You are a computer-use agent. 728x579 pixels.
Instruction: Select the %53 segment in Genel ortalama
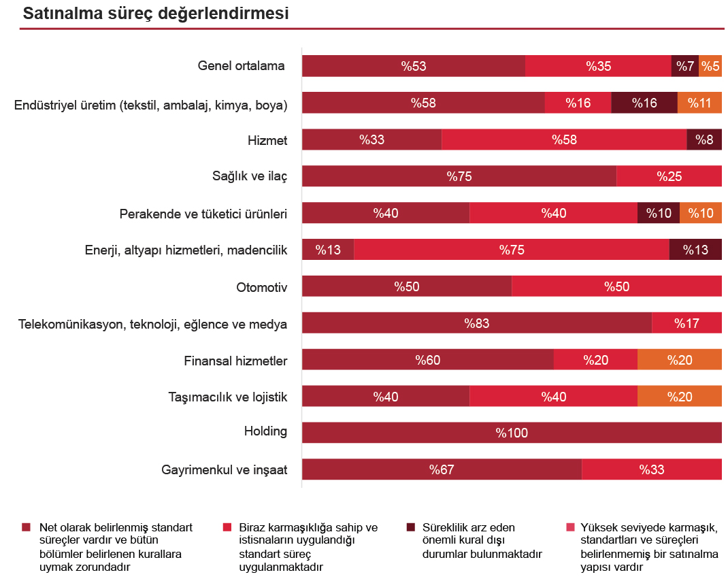click(x=414, y=66)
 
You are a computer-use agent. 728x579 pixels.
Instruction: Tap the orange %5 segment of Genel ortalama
click(x=710, y=66)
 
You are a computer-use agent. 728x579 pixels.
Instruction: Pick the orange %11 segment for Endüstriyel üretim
click(x=699, y=103)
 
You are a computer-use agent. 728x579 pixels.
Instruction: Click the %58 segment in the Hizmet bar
click(x=564, y=139)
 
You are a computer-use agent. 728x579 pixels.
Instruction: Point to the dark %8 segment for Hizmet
click(x=704, y=139)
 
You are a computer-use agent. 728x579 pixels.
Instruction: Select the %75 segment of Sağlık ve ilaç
click(x=459, y=176)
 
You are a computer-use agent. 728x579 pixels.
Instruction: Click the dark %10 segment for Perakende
click(x=659, y=213)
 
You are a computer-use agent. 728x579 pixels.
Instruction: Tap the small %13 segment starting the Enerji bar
click(x=328, y=250)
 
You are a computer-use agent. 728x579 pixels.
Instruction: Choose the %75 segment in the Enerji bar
click(x=512, y=250)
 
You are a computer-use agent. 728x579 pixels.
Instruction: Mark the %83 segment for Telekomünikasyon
click(x=477, y=323)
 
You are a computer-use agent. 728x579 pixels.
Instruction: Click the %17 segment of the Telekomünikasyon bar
click(x=686, y=323)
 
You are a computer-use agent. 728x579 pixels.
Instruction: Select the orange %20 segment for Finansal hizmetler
click(x=680, y=360)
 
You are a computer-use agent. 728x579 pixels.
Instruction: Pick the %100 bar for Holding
click(x=512, y=433)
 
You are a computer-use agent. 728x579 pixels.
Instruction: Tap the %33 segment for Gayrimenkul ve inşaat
click(x=652, y=469)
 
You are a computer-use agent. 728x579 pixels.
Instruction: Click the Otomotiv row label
click(x=261, y=287)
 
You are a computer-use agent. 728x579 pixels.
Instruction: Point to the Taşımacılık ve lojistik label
click(x=228, y=397)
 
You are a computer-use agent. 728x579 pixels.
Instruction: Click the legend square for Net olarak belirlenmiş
click(x=26, y=527)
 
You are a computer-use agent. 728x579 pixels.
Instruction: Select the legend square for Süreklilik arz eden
click(x=410, y=527)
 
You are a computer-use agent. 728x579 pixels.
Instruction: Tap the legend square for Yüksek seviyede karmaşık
click(x=570, y=527)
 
